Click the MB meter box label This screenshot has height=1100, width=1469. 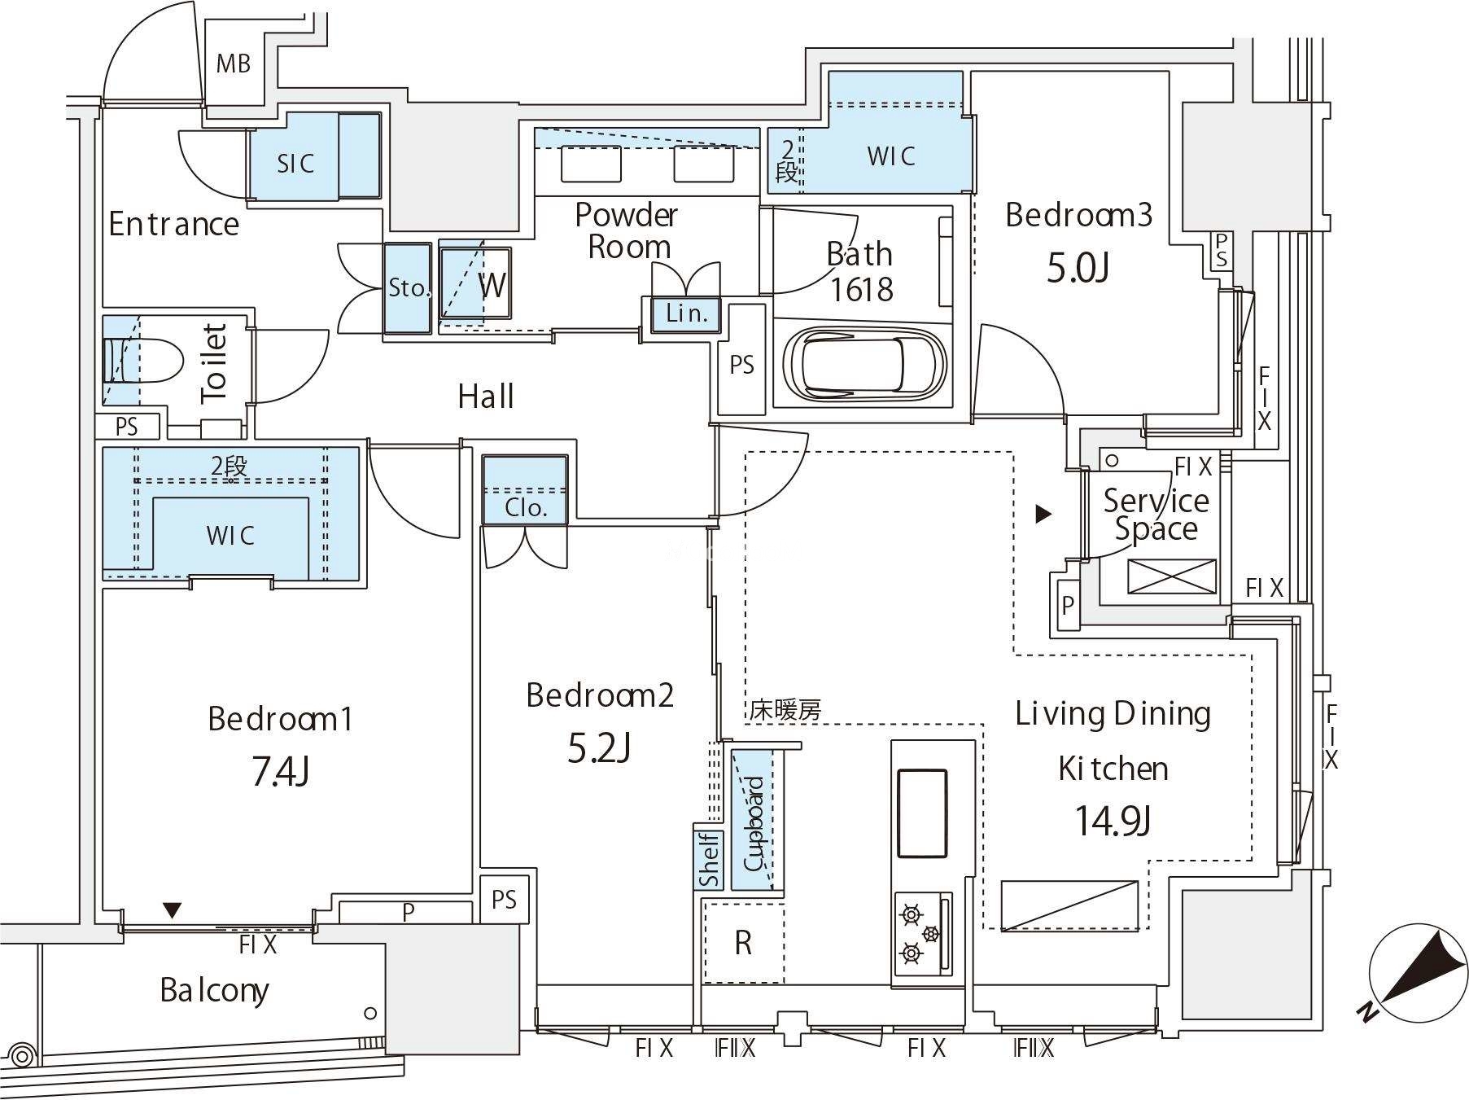pyautogui.click(x=233, y=64)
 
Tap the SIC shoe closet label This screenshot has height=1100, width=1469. pyautogui.click(x=295, y=164)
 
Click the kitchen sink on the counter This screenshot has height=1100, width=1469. pyautogui.click(x=922, y=813)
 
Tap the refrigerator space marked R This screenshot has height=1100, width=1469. pyautogui.click(x=743, y=942)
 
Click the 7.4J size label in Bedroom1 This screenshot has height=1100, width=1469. pyautogui.click(x=280, y=771)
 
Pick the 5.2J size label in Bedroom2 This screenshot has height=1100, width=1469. pyautogui.click(x=598, y=747)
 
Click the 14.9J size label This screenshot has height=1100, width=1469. pyautogui.click(x=1113, y=820)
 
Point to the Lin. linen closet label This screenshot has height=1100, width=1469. pyautogui.click(x=685, y=313)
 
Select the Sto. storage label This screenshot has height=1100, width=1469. pyautogui.click(x=408, y=287)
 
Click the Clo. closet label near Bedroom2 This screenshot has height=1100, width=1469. pyautogui.click(x=525, y=508)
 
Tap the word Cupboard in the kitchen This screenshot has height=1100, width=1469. pyautogui.click(x=754, y=824)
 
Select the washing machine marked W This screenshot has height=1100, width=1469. pyautogui.click(x=476, y=283)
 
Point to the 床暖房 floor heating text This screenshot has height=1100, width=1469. pyautogui.click(x=785, y=710)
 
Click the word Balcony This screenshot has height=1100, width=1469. pyautogui.click(x=214, y=990)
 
